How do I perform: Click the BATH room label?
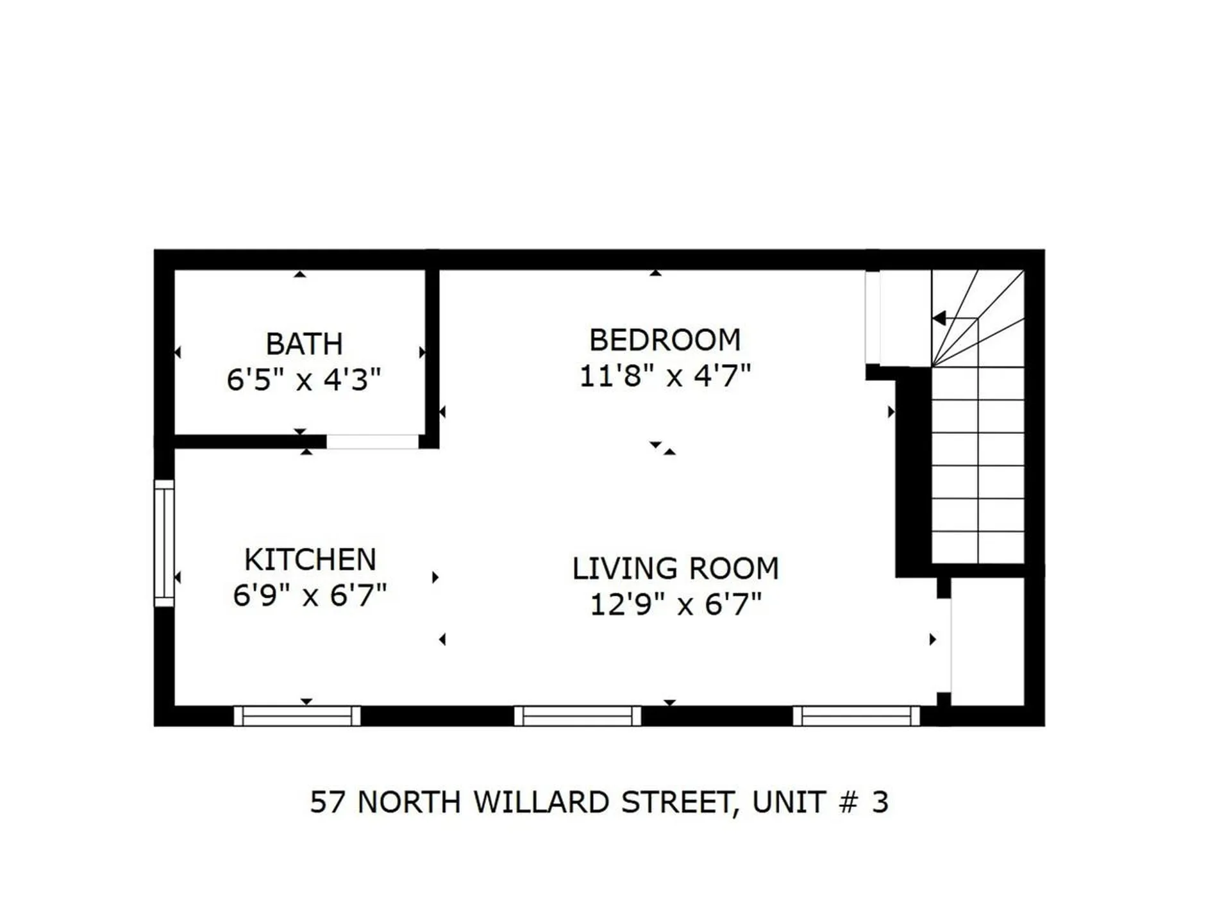pos(304,344)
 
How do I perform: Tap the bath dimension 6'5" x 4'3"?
pos(304,379)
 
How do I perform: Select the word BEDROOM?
pos(665,340)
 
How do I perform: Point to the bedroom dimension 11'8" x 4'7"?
pos(665,376)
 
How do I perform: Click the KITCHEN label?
pos(310,560)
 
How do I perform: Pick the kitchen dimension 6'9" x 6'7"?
pos(310,595)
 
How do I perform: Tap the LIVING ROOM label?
pos(675,569)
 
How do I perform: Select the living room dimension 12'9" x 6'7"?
pos(675,604)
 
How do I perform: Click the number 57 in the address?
pos(327,802)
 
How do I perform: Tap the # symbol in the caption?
pos(848,802)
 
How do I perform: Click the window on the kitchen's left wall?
pos(164,543)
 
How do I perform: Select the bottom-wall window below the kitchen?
pos(297,716)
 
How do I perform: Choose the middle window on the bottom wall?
pos(577,716)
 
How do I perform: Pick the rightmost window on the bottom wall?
pos(857,716)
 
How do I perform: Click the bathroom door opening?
pos(373,442)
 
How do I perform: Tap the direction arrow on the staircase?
pos(940,318)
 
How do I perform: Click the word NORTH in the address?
pos(408,802)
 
